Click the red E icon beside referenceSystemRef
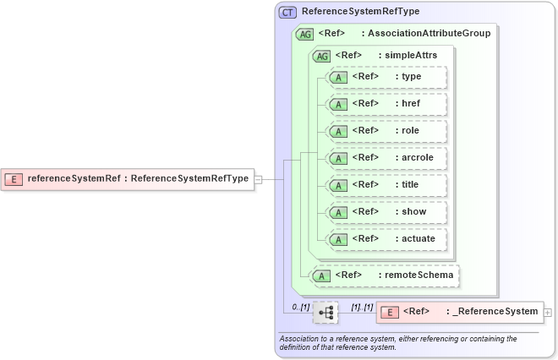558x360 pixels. pos(14,178)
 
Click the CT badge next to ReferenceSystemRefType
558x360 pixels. pos(288,12)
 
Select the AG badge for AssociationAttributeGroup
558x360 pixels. pos(304,34)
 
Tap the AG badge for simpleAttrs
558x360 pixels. pos(321,56)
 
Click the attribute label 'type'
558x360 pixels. pos(411,77)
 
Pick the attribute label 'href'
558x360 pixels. pos(411,104)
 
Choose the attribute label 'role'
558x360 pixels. pos(410,131)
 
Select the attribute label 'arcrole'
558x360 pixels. pos(417,158)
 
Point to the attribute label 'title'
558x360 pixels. pos(410,185)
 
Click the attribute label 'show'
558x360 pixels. pos(413,212)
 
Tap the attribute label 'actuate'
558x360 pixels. pos(418,239)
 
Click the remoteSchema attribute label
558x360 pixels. pos(418,275)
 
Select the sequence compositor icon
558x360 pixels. pos(325,313)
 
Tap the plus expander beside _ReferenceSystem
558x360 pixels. pos(549,313)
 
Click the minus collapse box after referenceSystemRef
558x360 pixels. pos(259,178)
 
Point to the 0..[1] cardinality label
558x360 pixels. pos(299,306)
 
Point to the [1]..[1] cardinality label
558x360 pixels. pos(362,306)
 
